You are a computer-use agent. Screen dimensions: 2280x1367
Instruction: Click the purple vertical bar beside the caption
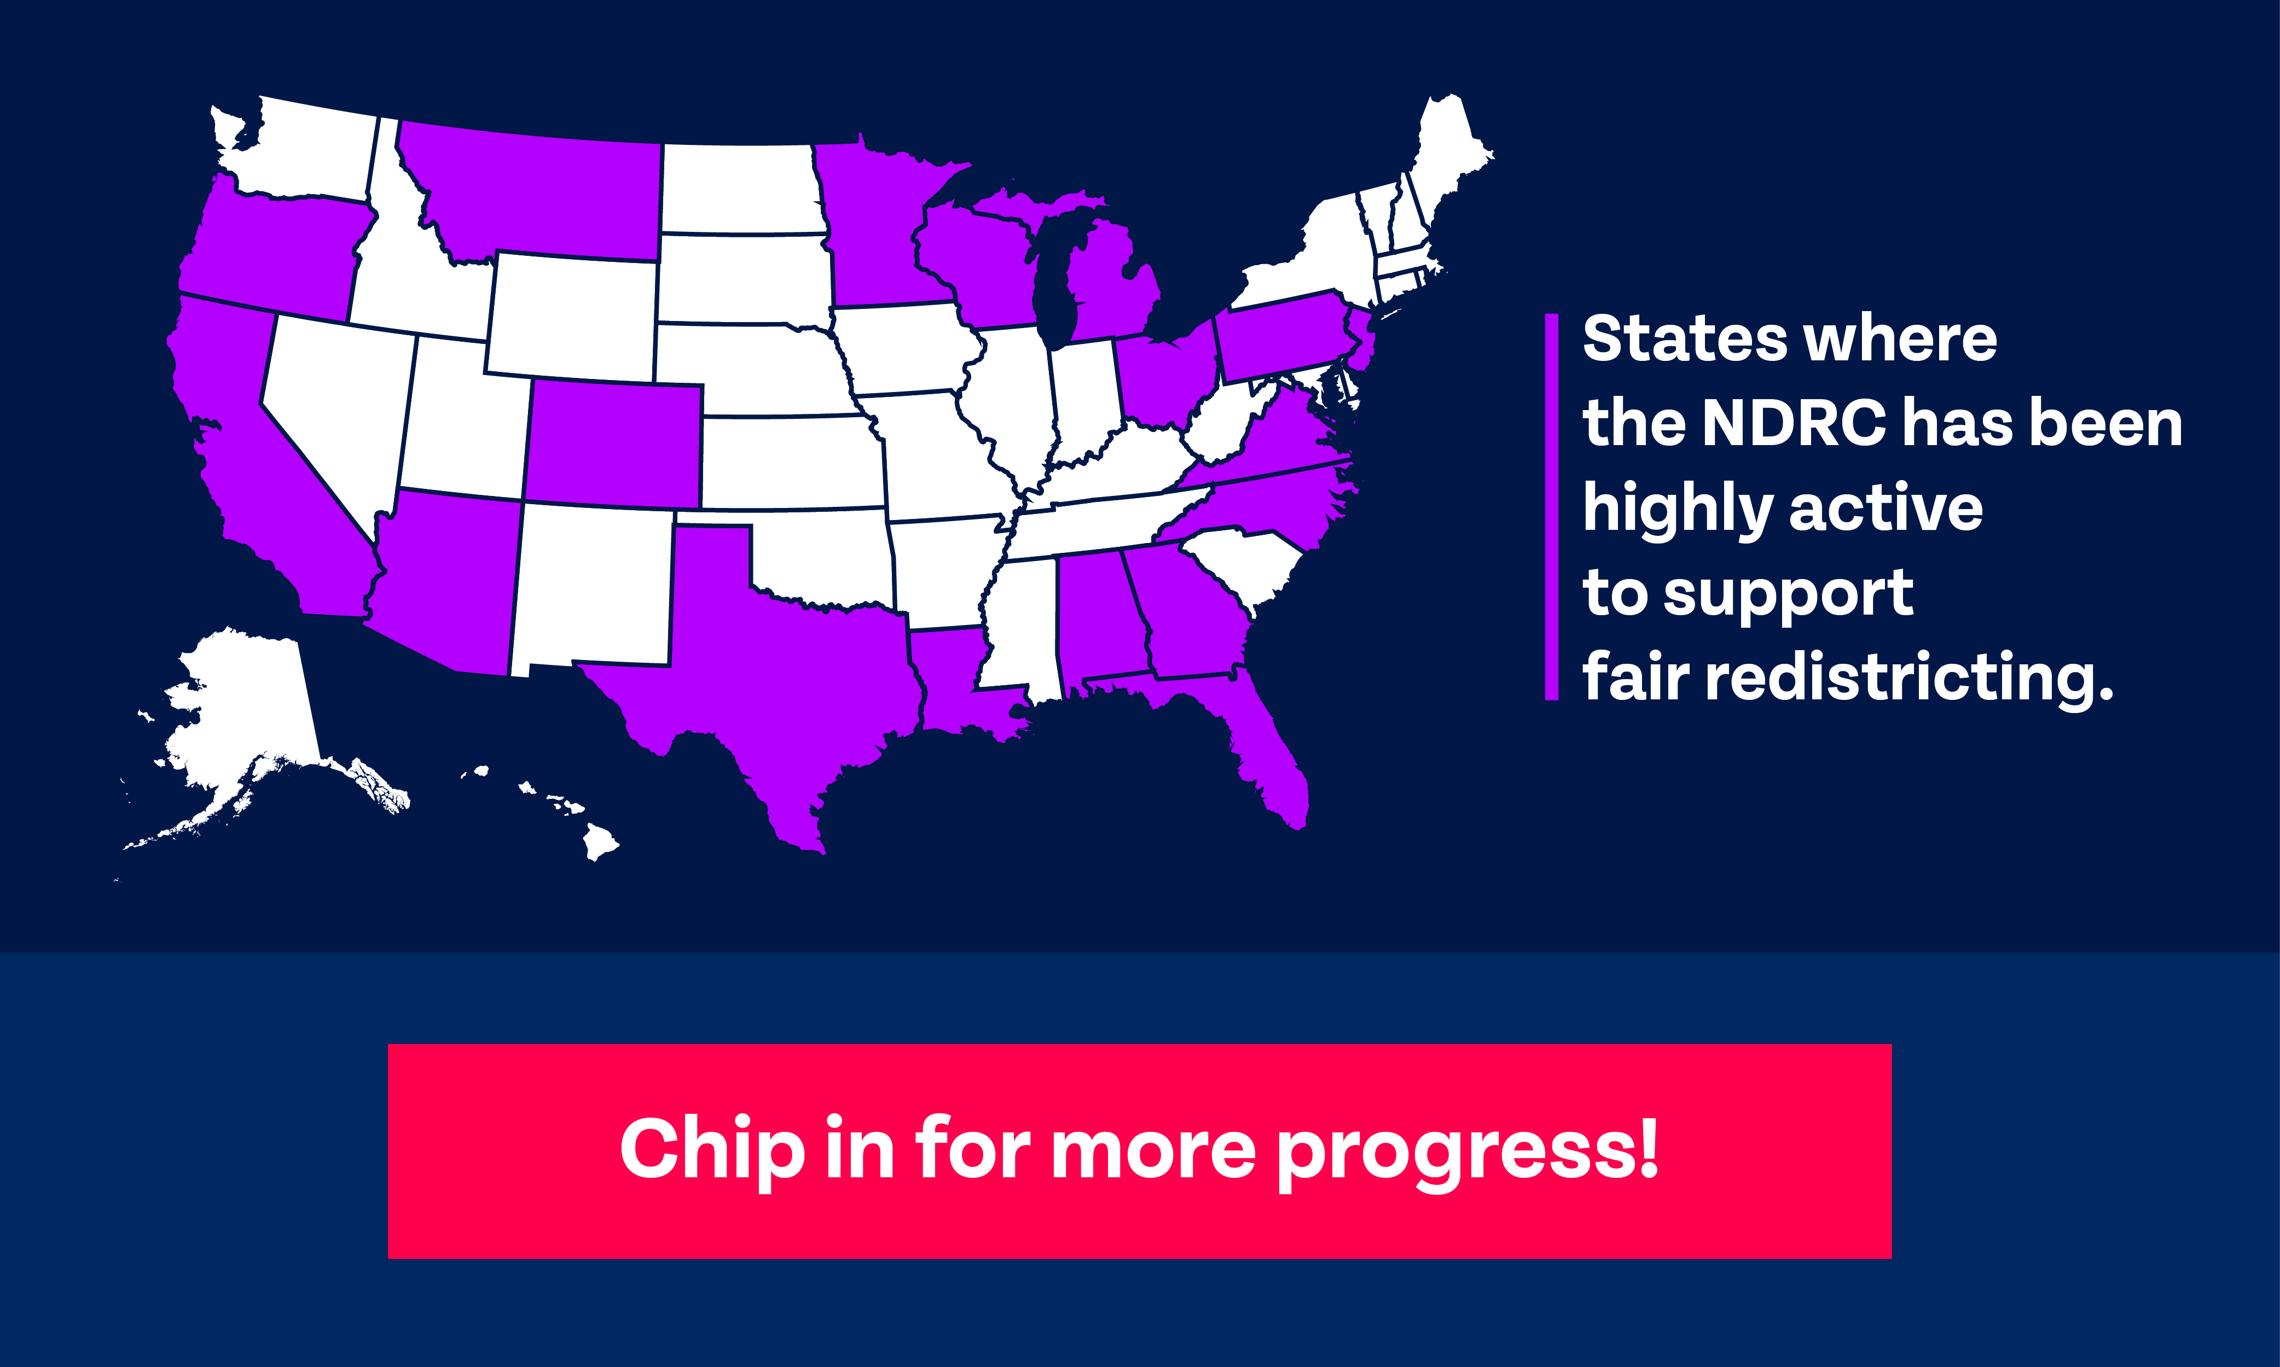[x=1552, y=507]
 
